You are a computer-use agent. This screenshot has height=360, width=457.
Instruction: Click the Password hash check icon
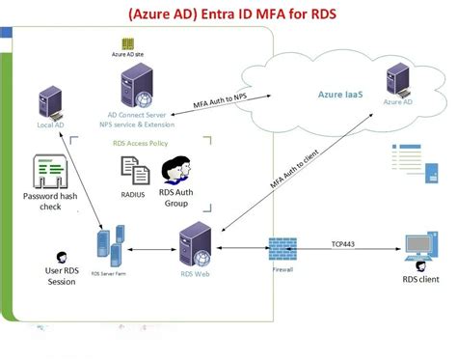[x=40, y=173]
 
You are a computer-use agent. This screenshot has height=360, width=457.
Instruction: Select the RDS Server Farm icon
[x=110, y=245]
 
